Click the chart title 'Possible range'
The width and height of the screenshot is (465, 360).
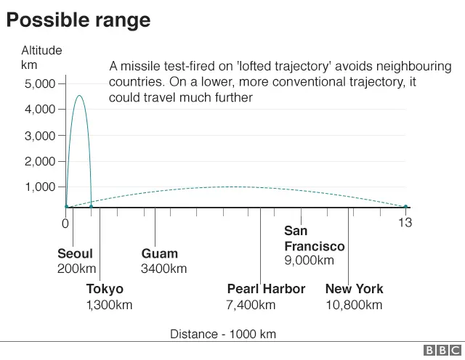[x=78, y=20]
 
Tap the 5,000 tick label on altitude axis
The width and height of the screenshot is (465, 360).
[x=40, y=83]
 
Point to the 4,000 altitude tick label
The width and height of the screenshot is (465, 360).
[x=40, y=110]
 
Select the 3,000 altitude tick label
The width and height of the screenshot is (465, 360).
[x=40, y=136]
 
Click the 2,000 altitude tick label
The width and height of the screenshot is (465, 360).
[x=40, y=161]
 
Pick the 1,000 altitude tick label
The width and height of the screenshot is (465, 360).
[x=40, y=187]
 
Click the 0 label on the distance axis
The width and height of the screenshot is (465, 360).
[x=65, y=224]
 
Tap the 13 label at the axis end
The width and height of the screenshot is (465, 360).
[x=405, y=223]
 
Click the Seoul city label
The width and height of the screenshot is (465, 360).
[x=75, y=253]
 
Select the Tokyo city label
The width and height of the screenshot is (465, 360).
[x=105, y=289]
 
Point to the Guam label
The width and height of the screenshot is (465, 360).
[x=159, y=253]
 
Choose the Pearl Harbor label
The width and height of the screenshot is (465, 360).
[x=266, y=289]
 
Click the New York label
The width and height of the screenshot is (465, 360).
[x=354, y=289]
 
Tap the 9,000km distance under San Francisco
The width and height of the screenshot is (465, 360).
[x=309, y=261]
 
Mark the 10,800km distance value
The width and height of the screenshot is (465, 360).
[x=353, y=305]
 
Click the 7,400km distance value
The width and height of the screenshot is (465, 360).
[x=251, y=305]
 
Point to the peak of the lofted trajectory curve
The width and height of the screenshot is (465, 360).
[x=79, y=96]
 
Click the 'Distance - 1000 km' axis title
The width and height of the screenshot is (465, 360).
[x=223, y=334]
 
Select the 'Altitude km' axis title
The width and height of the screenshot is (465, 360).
[x=41, y=57]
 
